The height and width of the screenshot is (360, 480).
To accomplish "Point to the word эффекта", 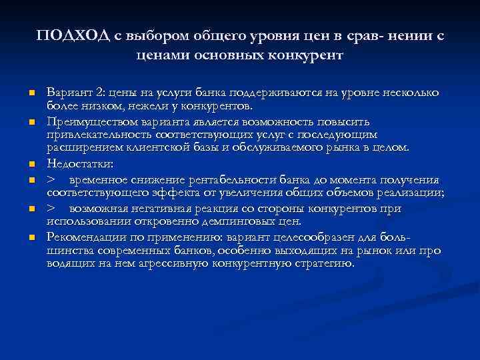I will click(x=156, y=193).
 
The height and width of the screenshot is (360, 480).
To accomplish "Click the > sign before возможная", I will click(x=51, y=209).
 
